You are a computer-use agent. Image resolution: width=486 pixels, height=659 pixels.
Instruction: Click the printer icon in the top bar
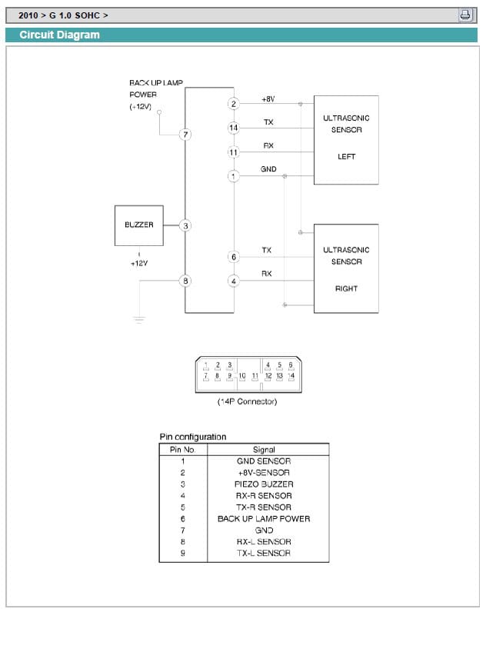coord(466,15)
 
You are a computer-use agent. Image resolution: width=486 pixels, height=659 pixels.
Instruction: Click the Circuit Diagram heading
coord(59,35)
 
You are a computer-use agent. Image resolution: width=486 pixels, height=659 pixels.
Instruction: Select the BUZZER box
coord(138,225)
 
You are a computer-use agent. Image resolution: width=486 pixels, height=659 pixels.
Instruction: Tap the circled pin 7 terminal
coord(185,135)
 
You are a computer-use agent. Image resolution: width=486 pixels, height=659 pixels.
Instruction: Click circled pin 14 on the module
coord(233,127)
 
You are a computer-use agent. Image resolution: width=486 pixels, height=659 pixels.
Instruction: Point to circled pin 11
coord(233,153)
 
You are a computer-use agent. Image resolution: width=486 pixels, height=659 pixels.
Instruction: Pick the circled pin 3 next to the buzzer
coord(185,225)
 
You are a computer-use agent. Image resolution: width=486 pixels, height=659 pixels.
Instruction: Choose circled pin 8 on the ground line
coord(185,281)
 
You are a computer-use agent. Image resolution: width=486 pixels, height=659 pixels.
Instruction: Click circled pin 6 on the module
coord(233,256)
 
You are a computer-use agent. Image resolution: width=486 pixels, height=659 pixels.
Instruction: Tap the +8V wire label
coord(268,99)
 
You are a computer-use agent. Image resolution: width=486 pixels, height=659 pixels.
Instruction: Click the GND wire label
coord(268,169)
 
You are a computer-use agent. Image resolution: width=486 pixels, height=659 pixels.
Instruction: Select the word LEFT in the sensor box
coord(346,157)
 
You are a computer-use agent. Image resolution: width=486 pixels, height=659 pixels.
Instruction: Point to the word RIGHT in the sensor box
coord(346,288)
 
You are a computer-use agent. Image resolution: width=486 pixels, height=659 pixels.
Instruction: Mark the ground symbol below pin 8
coord(139,318)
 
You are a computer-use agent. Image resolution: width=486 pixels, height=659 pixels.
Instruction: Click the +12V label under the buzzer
coord(138,263)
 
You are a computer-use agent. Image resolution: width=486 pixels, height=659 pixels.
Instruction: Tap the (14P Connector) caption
coord(247,401)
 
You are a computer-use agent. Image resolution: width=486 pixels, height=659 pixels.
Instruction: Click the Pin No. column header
coord(182,449)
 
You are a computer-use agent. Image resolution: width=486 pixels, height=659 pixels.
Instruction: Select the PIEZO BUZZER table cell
coord(263,484)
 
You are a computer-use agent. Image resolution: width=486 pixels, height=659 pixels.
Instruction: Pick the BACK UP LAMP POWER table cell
coord(263,518)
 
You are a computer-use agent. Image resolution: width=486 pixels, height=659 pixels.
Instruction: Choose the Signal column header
coord(263,449)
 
